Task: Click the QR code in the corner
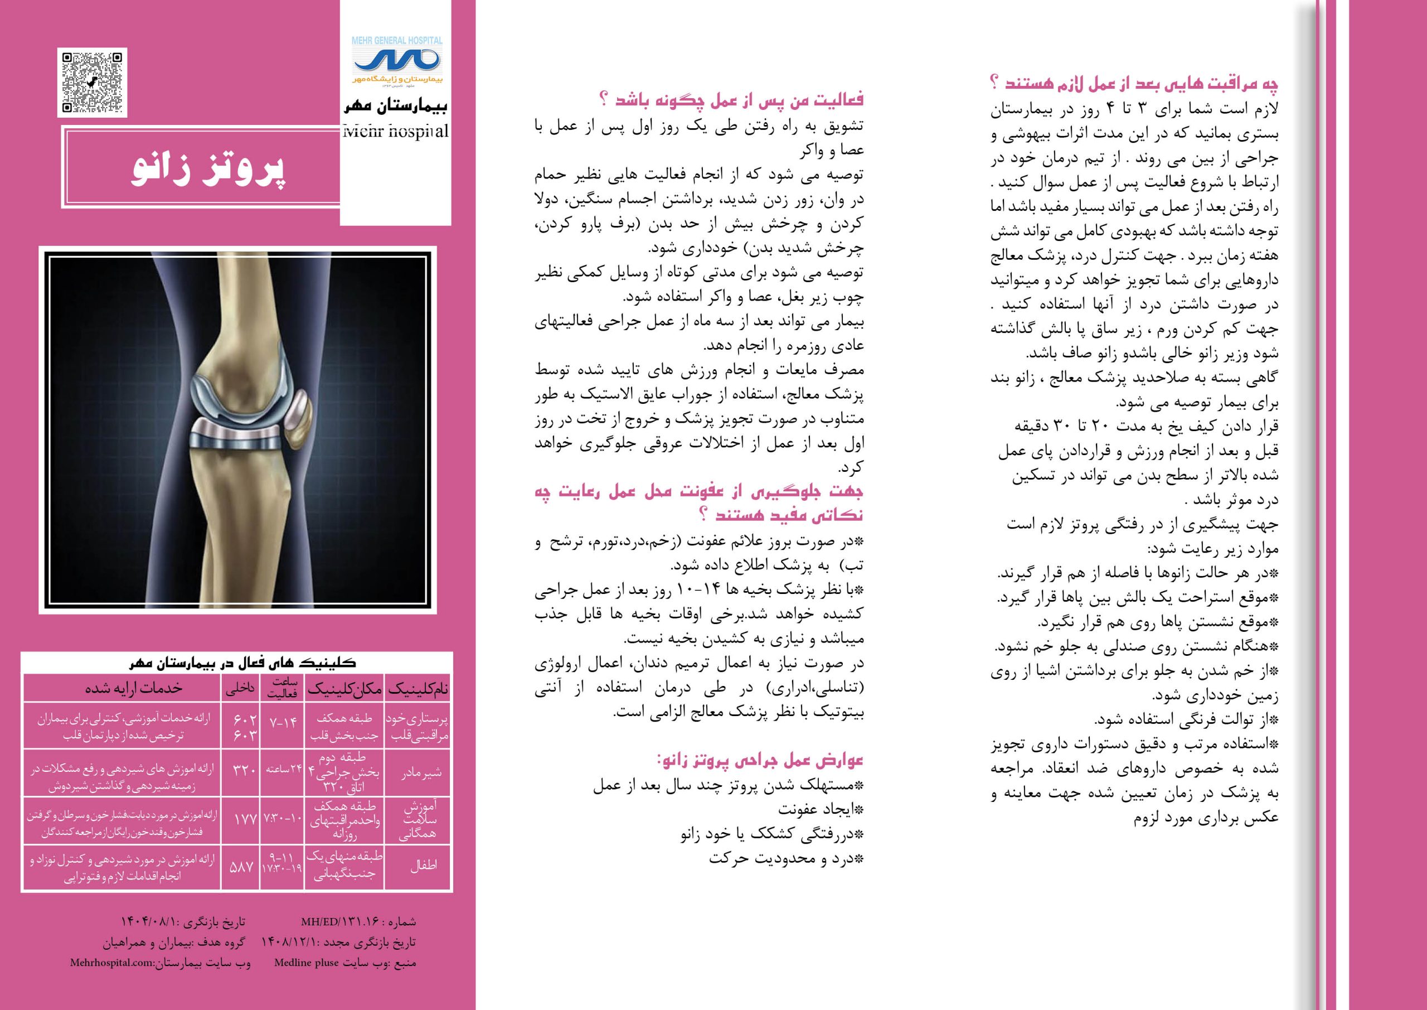[92, 82]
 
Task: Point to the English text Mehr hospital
[395, 131]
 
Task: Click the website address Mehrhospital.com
[112, 963]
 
